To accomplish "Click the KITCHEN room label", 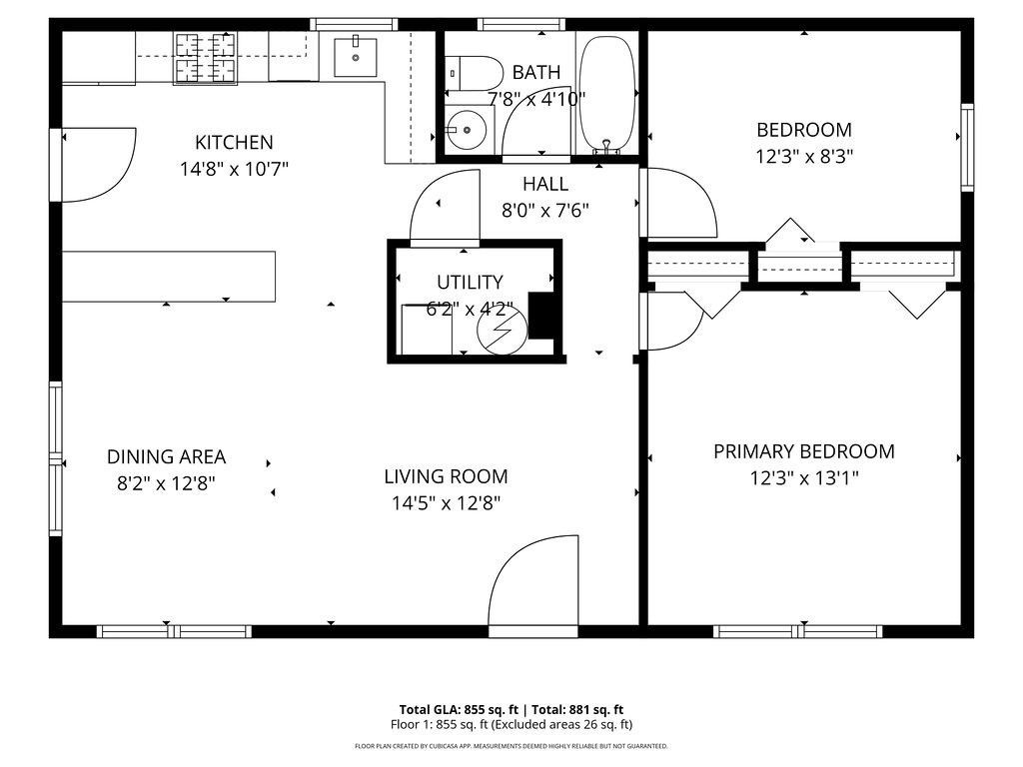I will tap(234, 143).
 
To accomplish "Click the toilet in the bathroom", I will tap(476, 71).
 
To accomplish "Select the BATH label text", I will tap(536, 72).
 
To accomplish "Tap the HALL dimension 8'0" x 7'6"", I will tap(545, 211).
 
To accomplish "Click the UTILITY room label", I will tap(470, 283).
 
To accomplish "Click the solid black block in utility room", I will tap(540, 316).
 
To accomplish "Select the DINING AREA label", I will tap(166, 457).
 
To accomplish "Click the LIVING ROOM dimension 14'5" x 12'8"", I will tap(446, 503).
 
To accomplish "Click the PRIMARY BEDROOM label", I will tap(803, 451).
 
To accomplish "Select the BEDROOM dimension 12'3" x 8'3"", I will tap(803, 157).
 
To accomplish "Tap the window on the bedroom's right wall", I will tap(966, 148).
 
